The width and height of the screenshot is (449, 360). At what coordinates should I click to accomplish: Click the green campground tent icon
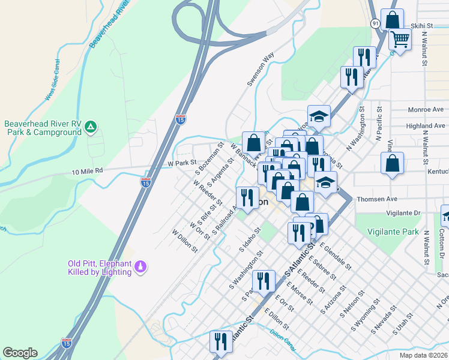tap(91, 126)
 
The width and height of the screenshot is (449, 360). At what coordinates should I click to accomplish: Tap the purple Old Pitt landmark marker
tap(140, 265)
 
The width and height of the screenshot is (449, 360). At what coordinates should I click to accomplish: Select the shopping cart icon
tap(399, 40)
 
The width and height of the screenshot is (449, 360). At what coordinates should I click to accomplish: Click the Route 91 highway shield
tap(375, 23)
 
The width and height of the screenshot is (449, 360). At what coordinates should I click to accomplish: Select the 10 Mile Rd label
tap(87, 171)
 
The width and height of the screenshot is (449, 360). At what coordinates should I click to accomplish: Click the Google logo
tap(20, 353)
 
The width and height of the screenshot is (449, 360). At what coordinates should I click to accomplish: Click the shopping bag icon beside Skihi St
tap(391, 19)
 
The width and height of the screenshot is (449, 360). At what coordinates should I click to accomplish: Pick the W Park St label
tap(182, 163)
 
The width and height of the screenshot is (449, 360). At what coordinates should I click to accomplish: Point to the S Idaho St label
tap(251, 238)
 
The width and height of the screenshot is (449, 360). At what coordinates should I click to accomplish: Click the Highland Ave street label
tap(425, 126)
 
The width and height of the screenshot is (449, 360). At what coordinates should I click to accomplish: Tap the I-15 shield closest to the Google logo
tap(66, 343)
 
